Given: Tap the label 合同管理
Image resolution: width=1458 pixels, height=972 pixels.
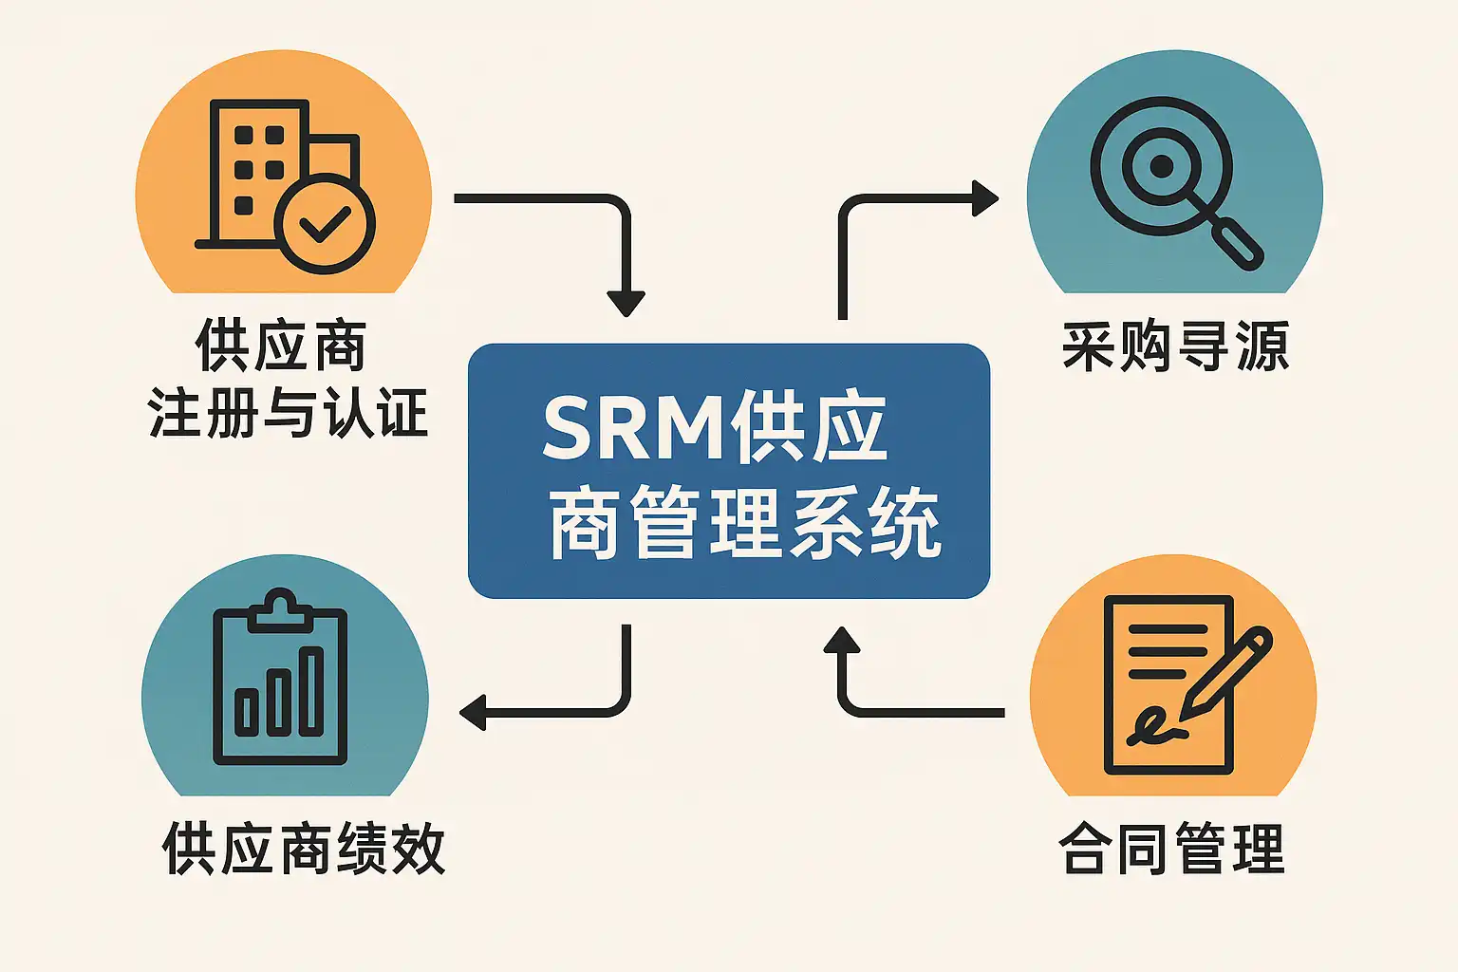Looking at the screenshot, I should click(x=1171, y=848).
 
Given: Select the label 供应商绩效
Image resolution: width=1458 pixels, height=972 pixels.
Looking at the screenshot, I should click(x=303, y=848).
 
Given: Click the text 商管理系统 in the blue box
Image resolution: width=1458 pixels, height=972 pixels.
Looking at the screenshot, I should click(x=744, y=523).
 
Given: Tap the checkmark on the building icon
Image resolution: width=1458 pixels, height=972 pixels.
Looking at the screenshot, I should click(x=325, y=224).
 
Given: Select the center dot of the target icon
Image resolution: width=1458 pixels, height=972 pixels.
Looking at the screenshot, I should click(x=1161, y=167).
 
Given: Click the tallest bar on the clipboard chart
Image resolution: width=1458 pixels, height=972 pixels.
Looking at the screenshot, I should click(x=311, y=691).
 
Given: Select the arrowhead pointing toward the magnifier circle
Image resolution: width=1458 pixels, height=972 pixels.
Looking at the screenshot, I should click(x=985, y=199).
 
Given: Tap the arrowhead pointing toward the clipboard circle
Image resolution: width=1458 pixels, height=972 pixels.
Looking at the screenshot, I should click(x=473, y=712).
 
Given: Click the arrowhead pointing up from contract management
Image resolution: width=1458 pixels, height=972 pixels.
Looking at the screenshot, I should click(x=841, y=641).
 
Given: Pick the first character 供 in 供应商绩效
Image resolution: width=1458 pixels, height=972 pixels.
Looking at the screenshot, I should click(x=189, y=848).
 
